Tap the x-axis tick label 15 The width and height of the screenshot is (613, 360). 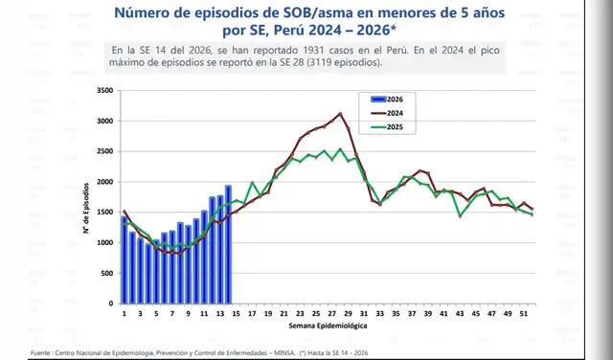tap(237, 313)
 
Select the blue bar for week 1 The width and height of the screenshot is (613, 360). tap(125, 259)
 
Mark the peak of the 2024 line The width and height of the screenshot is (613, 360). tap(341, 114)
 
